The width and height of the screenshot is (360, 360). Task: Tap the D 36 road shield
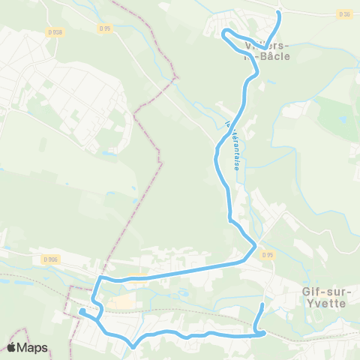pos(344,14)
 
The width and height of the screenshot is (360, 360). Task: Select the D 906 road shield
pos(50,259)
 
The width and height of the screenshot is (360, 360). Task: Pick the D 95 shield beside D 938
pos(104,28)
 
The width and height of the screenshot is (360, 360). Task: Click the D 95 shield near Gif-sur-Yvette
pos(268,255)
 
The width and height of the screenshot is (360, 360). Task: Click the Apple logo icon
pos(12,347)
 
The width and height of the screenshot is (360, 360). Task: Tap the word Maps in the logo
pos(34,348)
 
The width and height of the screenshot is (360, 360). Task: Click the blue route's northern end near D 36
pos(279,13)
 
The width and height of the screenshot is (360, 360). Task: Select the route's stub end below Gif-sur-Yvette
pos(262,305)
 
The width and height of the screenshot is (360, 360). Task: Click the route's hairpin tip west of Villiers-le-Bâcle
pos(222,31)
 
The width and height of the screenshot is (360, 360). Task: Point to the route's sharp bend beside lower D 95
pos(256,246)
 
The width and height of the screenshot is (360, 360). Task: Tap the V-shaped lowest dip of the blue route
pos(133,346)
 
